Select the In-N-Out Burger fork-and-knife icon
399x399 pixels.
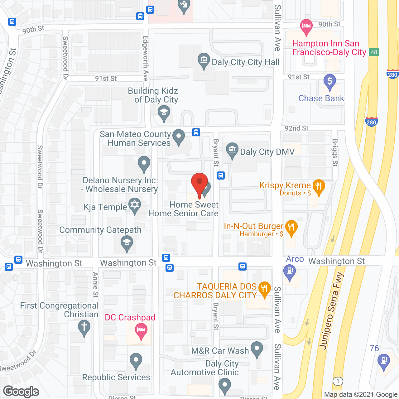[291, 228]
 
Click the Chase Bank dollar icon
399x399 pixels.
[329, 81]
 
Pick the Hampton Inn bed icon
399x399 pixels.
[306, 26]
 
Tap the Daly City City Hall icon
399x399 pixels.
[204, 60]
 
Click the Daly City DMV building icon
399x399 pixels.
[232, 150]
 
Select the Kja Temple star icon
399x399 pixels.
[134, 205]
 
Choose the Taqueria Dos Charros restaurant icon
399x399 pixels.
[264, 289]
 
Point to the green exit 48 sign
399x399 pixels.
[374, 52]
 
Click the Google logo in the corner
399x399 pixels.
[21, 392]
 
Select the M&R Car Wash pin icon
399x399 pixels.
[257, 349]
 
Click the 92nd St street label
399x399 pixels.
[296, 128]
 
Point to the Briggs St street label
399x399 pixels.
[335, 152]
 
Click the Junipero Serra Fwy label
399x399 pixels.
[331, 311]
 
